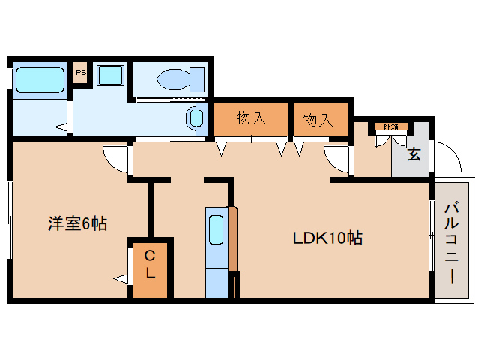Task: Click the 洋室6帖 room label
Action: (x=78, y=223)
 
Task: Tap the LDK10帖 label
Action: (x=327, y=238)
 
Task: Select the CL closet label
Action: (x=151, y=264)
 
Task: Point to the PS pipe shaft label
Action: (x=81, y=73)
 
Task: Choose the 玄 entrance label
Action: (x=414, y=154)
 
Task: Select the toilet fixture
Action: (x=178, y=77)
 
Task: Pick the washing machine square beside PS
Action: (x=111, y=76)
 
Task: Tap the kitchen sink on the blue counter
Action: (x=216, y=228)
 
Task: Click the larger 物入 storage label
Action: (x=251, y=118)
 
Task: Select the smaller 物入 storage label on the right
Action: (x=318, y=119)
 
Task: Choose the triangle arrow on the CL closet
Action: (x=121, y=279)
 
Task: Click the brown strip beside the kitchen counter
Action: (x=233, y=240)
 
